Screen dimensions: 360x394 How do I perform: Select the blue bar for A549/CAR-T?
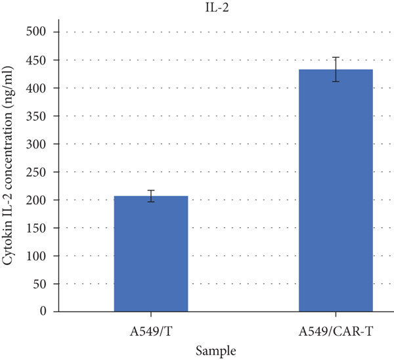point(336,191)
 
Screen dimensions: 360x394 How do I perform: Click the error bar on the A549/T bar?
point(151,196)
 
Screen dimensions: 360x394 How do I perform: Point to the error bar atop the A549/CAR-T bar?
point(336,69)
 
